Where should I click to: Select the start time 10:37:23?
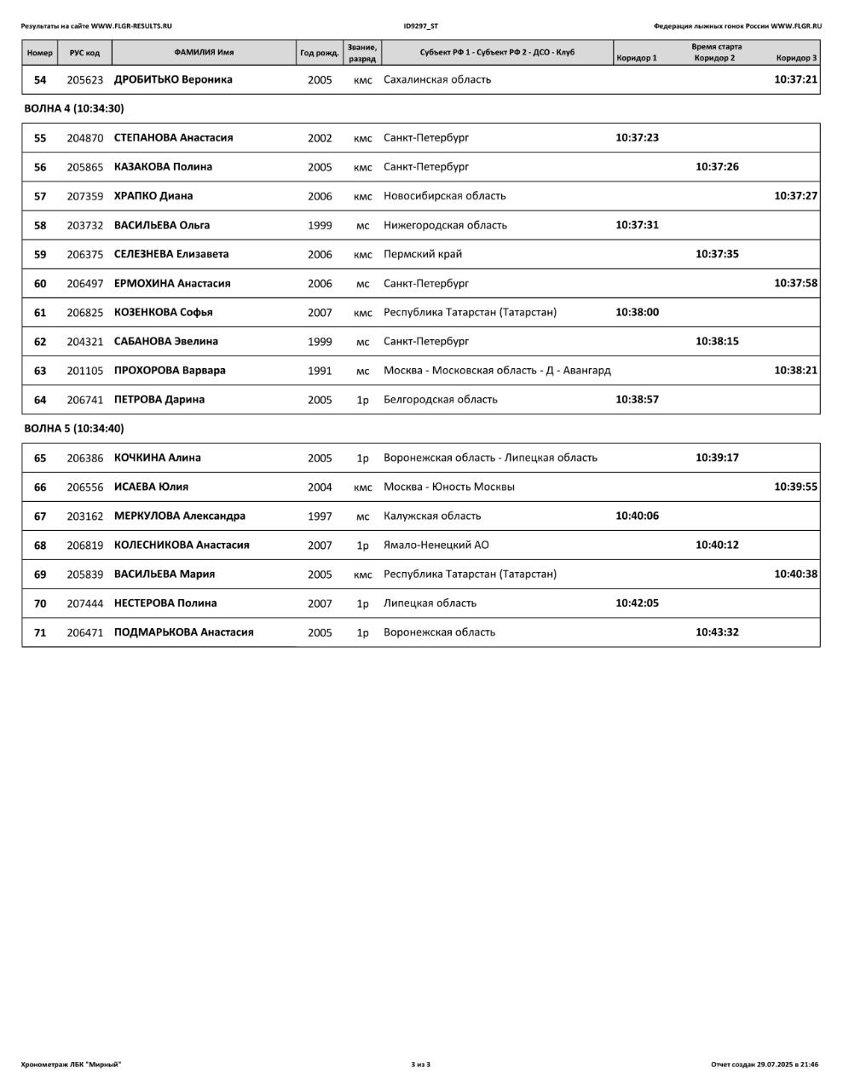tap(637, 137)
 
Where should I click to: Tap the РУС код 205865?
tap(84, 167)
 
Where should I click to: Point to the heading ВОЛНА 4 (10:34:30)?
tap(73, 108)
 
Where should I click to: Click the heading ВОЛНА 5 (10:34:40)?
tap(73, 429)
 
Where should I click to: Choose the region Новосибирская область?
tap(444, 196)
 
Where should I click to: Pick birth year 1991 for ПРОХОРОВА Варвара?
tap(320, 371)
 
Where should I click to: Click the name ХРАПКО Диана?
tap(153, 196)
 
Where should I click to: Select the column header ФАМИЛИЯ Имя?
tap(204, 53)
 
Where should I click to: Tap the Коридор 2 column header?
tap(714, 58)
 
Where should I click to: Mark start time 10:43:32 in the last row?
tap(717, 632)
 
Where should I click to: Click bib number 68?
tap(40, 545)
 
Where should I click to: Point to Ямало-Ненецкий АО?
tap(436, 545)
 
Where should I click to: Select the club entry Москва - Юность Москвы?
tap(448, 488)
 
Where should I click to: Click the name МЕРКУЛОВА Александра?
tap(179, 516)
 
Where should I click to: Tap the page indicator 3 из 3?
tap(420, 1064)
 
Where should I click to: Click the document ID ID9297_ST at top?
tap(420, 26)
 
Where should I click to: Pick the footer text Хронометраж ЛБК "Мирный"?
tap(71, 1064)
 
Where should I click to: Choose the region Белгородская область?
tap(440, 400)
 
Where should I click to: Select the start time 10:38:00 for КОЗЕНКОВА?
tap(637, 312)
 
